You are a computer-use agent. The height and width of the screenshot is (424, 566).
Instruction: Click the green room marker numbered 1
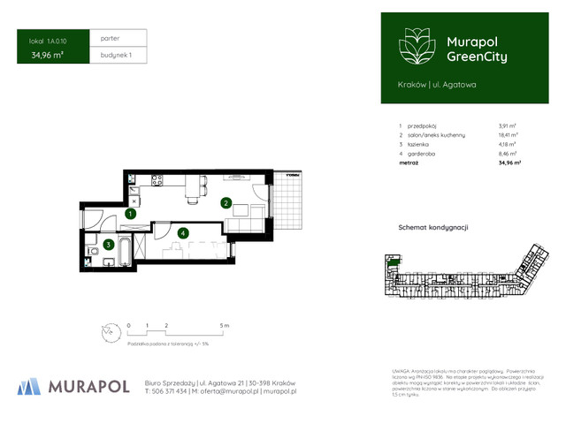tap(130, 213)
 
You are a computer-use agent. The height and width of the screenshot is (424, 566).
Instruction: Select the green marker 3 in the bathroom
tap(108, 245)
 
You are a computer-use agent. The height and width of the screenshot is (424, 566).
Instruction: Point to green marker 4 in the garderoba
tap(182, 233)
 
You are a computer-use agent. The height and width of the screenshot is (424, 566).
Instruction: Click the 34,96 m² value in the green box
tap(48, 55)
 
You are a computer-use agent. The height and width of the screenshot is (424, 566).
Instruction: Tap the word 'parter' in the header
tap(111, 39)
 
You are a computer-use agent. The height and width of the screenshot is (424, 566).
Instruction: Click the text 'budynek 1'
tap(116, 55)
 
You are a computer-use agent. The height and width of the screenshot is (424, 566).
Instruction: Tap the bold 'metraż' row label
tap(409, 163)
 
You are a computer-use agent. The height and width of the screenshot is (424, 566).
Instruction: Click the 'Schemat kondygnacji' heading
tap(432, 227)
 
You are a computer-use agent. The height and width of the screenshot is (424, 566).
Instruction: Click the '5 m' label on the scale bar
tap(225, 326)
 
